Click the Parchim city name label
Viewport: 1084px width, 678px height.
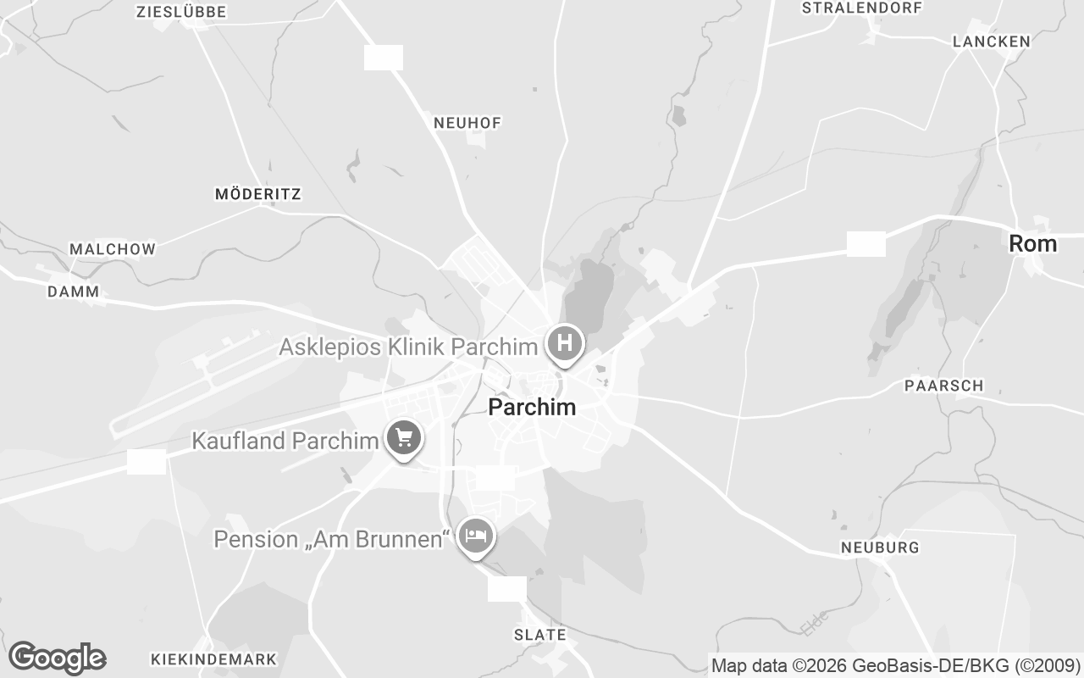[x=532, y=408]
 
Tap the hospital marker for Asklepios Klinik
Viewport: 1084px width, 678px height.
[x=565, y=344]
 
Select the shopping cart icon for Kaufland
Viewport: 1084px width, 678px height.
[x=404, y=438]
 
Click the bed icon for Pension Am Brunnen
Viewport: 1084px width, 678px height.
[x=476, y=536]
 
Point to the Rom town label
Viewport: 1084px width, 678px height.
[x=1032, y=244]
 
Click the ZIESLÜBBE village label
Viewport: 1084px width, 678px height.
[x=181, y=12]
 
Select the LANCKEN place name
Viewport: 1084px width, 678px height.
[x=991, y=42]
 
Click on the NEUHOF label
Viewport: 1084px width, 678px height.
[x=467, y=123]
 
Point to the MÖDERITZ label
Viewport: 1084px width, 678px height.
[x=258, y=194]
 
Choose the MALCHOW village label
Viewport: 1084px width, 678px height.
[x=113, y=249]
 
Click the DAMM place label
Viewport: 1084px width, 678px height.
[x=74, y=292]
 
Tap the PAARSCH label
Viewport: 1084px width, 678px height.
[x=944, y=386]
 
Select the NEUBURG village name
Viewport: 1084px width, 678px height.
[x=880, y=547]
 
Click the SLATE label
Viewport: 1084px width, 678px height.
[x=540, y=634]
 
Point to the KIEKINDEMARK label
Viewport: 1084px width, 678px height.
[x=213, y=659]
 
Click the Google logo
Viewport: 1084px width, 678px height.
[x=57, y=658]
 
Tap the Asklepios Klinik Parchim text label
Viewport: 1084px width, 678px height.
[x=408, y=347]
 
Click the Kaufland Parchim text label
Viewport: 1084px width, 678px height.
[x=285, y=441]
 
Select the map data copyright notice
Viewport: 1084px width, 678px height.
[x=895, y=665]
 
